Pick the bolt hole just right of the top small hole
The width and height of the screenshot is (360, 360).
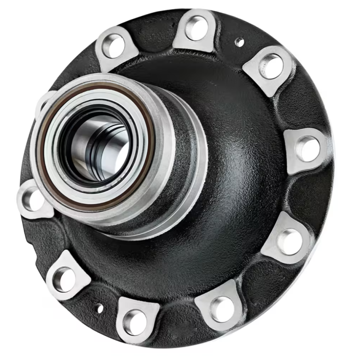point(271,66)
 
